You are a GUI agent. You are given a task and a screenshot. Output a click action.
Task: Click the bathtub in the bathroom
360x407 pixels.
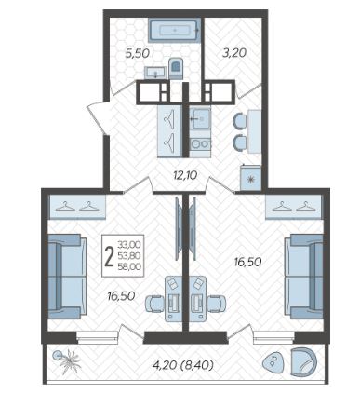[174, 31]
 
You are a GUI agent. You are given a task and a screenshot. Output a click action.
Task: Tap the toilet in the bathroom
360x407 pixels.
[176, 67]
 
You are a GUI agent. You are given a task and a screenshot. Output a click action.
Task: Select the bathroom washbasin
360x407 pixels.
[155, 73]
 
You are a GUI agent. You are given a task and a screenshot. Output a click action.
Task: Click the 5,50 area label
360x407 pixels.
[137, 53]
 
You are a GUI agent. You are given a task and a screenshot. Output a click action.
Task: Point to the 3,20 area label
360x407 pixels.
[234, 53]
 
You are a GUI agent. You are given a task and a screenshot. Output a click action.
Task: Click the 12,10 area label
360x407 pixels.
[185, 176]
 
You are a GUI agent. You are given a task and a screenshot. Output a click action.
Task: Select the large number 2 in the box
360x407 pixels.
[109, 257]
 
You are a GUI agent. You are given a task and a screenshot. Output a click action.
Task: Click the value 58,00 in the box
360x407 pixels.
[129, 266]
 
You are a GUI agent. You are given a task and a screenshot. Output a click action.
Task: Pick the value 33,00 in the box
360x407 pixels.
[129, 245]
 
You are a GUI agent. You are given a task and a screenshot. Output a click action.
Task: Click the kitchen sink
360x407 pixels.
[200, 118]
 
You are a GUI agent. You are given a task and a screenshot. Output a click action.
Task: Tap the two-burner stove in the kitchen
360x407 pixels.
[200, 144]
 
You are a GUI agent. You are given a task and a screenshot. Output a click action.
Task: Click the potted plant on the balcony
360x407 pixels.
[67, 360]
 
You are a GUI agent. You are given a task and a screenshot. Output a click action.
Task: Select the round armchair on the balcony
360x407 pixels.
[304, 362]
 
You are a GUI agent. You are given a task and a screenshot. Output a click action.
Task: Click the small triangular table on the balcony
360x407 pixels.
[273, 362]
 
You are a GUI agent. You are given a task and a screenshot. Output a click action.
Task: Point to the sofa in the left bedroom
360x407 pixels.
[67, 277]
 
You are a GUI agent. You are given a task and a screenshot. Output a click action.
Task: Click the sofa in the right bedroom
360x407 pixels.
[304, 277]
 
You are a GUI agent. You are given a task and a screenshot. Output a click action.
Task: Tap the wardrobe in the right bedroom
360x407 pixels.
[295, 207]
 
